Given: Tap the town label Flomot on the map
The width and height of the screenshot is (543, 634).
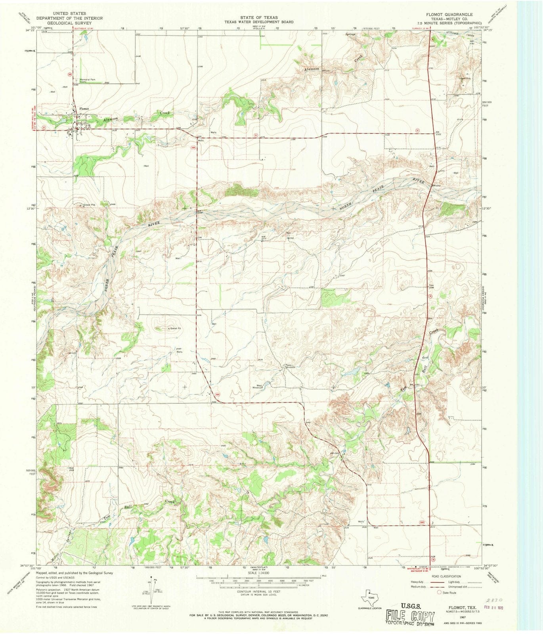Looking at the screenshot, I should pyautogui.click(x=84, y=109).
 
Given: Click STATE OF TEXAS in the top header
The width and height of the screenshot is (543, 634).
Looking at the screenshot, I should pyautogui.click(x=258, y=17).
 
